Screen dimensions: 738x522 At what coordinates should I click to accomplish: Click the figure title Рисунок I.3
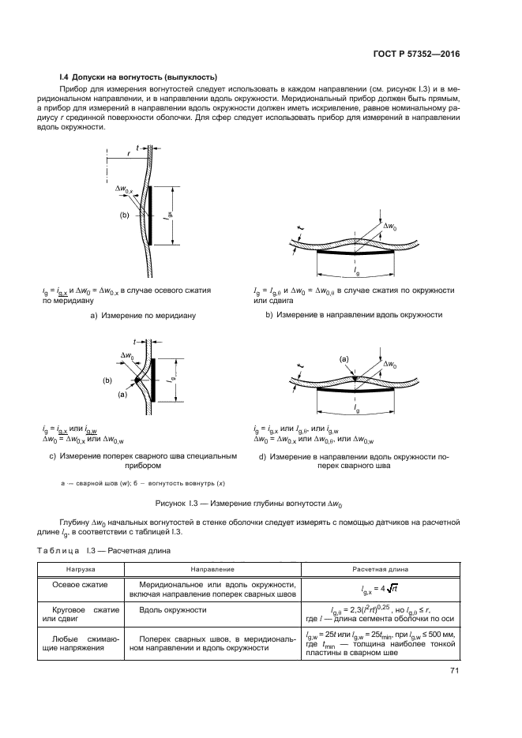[261, 501]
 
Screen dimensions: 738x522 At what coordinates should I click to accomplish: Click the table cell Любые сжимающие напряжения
[80, 641]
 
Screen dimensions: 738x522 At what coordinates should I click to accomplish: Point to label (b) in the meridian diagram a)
[124, 214]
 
